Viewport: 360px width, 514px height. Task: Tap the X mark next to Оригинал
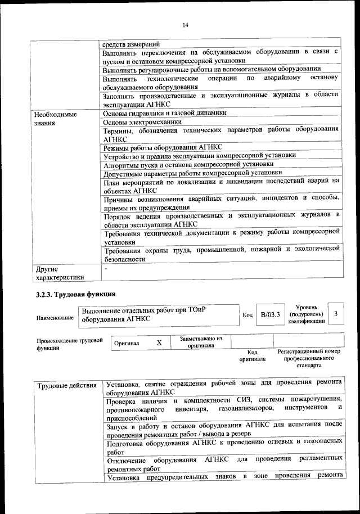point(159,342)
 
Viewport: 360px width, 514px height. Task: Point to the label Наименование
point(55,318)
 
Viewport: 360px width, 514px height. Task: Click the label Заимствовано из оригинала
point(201,342)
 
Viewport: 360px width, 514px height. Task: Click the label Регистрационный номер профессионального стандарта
point(309,358)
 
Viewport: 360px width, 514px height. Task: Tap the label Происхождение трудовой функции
point(70,344)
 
